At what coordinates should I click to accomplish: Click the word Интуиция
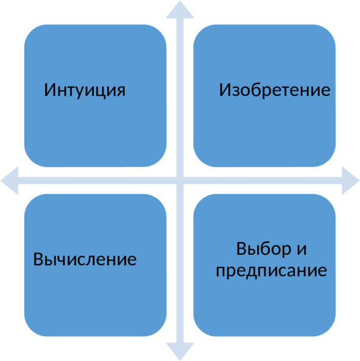click(85, 90)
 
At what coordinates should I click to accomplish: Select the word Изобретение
click(275, 90)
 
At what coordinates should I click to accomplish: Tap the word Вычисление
click(85, 259)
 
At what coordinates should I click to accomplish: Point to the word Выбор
click(264, 249)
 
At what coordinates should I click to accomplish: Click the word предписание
click(272, 270)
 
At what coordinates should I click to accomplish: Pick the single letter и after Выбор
click(302, 250)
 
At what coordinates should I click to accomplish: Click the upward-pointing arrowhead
click(180, 10)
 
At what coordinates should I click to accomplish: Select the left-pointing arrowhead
click(9, 180)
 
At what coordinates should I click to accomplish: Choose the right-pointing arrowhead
click(351, 180)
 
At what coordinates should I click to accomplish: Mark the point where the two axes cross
click(180, 180)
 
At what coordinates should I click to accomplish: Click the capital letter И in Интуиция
click(50, 90)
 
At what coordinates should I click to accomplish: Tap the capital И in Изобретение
click(225, 90)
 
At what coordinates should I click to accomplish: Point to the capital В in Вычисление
click(38, 259)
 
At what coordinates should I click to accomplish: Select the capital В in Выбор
click(241, 249)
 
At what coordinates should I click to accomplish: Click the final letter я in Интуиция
click(121, 91)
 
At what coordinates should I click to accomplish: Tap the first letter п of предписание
click(221, 272)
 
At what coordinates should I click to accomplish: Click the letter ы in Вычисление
click(51, 260)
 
